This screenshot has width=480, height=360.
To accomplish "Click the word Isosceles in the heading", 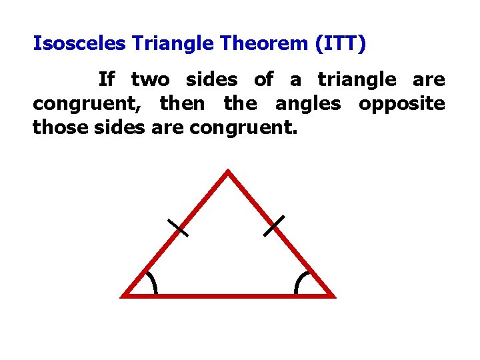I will point(80,44).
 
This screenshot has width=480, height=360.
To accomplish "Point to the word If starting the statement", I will point(107,80).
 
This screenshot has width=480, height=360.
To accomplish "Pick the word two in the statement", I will point(150,80).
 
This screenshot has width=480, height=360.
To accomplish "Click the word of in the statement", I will point(263,80).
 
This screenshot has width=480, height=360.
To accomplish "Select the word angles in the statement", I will point(307,104).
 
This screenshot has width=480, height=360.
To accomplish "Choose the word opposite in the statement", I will point(401,104).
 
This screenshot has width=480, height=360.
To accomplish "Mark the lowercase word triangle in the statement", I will point(357,80).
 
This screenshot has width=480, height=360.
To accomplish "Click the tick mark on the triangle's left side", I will point(178,228).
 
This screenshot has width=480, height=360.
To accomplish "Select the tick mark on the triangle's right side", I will point(273,225).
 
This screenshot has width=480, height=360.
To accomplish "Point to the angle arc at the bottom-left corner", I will point(153,283).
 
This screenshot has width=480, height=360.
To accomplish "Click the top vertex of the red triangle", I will point(228,173).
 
